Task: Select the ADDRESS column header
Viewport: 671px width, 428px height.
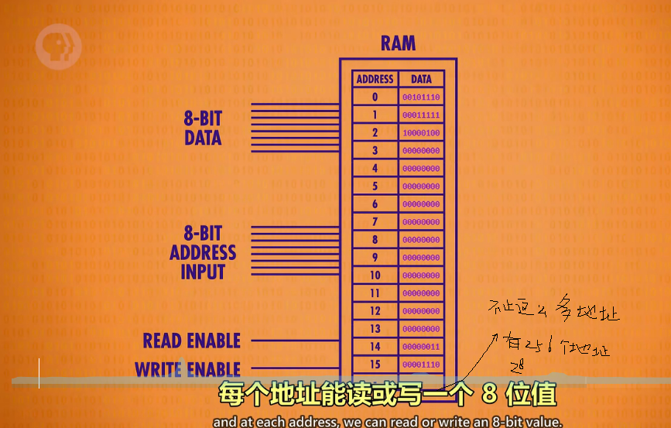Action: [375, 79]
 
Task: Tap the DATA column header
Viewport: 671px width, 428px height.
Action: [421, 79]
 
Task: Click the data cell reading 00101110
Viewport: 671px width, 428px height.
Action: [421, 98]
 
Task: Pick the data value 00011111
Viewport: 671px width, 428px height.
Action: [421, 115]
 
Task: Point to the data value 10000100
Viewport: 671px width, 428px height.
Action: [421, 133]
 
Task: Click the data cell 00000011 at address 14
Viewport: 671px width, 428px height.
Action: [421, 347]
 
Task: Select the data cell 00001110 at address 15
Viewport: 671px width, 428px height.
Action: [421, 365]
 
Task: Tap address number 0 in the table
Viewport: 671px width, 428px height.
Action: [375, 98]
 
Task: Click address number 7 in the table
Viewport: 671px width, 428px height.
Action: [375, 222]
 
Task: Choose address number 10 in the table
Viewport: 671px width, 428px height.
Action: [375, 276]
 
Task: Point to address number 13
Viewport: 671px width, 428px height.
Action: [375, 329]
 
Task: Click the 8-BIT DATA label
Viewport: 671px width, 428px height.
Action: [203, 128]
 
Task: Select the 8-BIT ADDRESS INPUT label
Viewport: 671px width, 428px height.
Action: [203, 252]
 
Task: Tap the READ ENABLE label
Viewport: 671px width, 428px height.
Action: [191, 341]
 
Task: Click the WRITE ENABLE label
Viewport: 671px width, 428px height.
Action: [188, 369]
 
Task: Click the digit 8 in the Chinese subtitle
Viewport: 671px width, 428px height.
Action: [488, 395]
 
